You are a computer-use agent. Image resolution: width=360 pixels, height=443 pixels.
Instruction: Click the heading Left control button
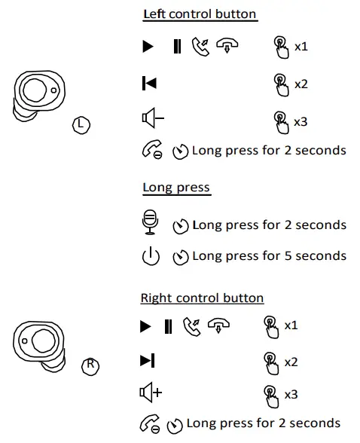click(x=200, y=14)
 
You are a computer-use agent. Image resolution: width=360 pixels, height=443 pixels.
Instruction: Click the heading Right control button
click(x=202, y=298)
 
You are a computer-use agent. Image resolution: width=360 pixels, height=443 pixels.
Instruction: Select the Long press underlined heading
click(x=176, y=188)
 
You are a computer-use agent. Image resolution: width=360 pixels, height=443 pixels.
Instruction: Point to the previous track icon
click(x=149, y=84)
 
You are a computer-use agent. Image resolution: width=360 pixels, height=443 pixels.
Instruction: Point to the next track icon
click(x=148, y=362)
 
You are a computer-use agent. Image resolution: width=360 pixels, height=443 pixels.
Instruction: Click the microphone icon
click(x=150, y=223)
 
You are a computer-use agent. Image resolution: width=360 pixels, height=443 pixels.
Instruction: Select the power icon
click(x=151, y=256)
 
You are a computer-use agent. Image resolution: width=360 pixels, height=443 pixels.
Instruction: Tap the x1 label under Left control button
click(x=301, y=47)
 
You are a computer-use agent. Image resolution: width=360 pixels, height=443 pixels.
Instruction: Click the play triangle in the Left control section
click(x=148, y=47)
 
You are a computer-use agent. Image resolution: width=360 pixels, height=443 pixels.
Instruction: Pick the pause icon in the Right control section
click(x=168, y=326)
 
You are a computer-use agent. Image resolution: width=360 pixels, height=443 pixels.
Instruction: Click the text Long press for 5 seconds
click(x=269, y=256)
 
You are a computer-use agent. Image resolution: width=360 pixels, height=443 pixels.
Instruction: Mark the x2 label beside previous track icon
click(x=301, y=84)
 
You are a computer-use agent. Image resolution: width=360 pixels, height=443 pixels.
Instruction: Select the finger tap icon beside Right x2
click(x=270, y=362)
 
